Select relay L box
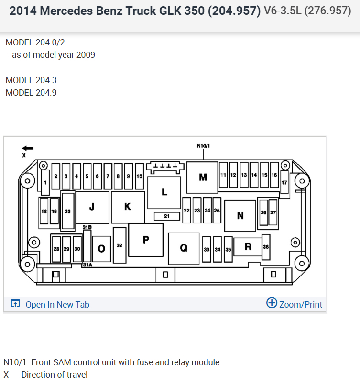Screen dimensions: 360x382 coord(164,192)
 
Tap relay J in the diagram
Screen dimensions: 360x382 coord(92,207)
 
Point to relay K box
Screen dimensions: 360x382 coord(128,207)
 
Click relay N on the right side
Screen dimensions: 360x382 coord(240,215)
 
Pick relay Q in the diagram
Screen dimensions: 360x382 coord(184,248)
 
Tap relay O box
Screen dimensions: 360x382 coord(101,249)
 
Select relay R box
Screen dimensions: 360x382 coord(248,247)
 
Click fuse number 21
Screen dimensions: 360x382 coord(166,216)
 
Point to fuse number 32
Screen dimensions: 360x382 coord(120,245)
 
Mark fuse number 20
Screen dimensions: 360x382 coord(68,211)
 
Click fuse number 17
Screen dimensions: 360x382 coord(284,183)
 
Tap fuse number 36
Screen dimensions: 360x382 coord(266,246)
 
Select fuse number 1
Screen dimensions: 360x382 coord(45,182)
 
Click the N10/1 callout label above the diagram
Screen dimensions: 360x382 coord(203,145)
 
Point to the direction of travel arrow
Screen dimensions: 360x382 coord(28,148)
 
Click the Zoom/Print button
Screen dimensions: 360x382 coord(294,304)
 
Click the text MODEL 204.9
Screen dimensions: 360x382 coord(31,93)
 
